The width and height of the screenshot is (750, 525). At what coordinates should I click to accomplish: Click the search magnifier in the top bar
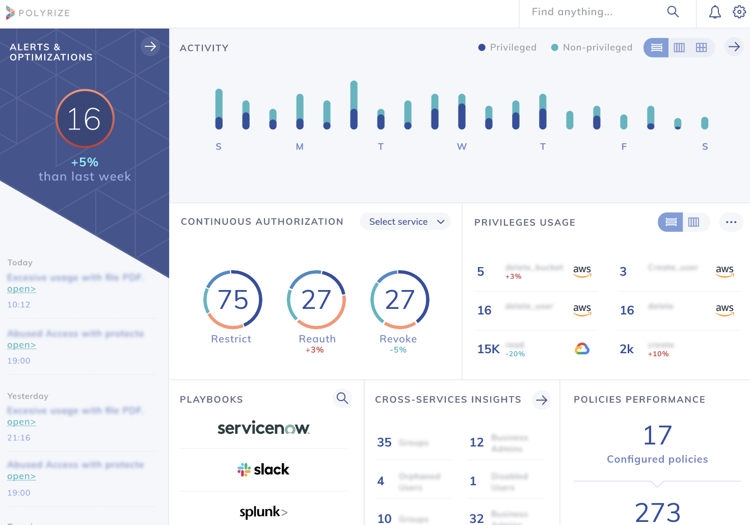[x=673, y=12]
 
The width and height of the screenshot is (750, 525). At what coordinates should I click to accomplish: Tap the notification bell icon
[x=715, y=12]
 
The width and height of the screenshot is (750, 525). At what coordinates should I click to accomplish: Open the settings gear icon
[x=739, y=12]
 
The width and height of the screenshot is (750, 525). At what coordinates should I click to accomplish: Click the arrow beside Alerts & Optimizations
[x=150, y=47]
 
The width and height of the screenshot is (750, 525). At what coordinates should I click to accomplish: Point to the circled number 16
[x=85, y=119]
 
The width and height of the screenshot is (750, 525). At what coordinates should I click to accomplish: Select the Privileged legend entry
[x=507, y=47]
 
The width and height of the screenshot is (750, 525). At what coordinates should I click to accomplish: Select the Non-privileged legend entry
[x=592, y=47]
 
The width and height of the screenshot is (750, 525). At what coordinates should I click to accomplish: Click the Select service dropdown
[x=405, y=222]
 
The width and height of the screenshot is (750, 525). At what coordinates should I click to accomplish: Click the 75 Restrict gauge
[x=233, y=300]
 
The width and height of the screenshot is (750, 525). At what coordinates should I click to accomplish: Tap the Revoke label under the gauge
[x=398, y=339]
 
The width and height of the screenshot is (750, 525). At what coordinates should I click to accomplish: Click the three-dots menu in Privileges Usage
[x=731, y=222]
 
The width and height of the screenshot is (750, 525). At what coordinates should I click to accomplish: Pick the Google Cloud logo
[x=582, y=349]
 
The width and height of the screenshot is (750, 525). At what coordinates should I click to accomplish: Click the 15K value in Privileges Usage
[x=488, y=349]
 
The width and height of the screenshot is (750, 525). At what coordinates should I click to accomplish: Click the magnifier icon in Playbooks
[x=342, y=398]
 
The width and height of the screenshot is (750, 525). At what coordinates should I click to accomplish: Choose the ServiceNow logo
[x=263, y=428]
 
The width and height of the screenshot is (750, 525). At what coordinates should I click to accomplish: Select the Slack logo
[x=263, y=469]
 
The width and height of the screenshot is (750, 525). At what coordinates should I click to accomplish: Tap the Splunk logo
[x=263, y=512]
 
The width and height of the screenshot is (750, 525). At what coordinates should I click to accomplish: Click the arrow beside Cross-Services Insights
[x=542, y=400]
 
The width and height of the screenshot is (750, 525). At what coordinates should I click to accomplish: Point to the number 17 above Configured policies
[x=657, y=435]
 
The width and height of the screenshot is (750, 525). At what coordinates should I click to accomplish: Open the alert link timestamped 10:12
[x=21, y=289]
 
